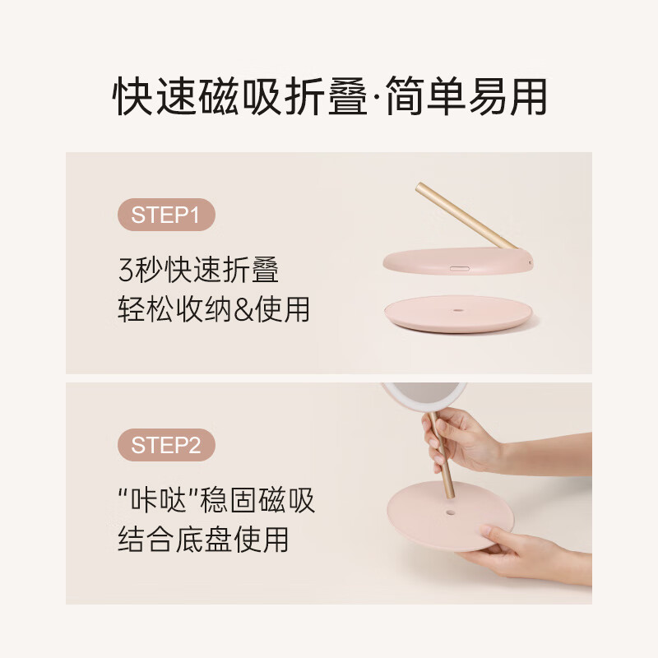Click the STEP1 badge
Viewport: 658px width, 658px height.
[166, 216]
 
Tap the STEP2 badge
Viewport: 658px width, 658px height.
[166, 445]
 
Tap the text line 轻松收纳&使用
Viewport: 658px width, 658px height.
[214, 310]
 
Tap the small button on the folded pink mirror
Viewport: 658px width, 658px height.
[458, 267]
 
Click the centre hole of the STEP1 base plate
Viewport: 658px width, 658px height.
[458, 311]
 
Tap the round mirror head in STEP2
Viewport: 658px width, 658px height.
[424, 394]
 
